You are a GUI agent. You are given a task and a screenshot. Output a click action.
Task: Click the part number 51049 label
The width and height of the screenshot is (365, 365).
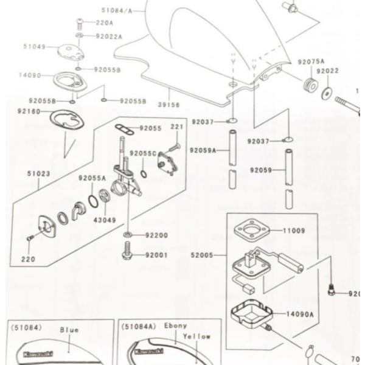click(34, 46)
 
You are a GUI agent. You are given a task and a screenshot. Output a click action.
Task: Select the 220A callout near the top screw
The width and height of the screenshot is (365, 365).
click(105, 23)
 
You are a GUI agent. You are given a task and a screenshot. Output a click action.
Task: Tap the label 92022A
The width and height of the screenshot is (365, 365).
click(109, 36)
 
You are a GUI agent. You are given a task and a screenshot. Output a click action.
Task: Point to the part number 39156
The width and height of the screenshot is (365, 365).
click(169, 105)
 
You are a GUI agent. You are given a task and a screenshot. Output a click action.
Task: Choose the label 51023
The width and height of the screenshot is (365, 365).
click(38, 173)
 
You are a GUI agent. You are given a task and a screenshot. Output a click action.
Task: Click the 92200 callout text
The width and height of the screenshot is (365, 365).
click(156, 235)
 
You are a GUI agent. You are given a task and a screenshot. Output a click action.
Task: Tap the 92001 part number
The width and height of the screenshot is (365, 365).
click(156, 255)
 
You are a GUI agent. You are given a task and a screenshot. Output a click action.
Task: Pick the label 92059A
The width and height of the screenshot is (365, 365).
click(203, 150)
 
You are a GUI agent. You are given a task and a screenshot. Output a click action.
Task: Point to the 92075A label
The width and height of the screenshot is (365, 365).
click(311, 62)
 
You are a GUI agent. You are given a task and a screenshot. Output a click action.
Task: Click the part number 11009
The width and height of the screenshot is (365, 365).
click(294, 231)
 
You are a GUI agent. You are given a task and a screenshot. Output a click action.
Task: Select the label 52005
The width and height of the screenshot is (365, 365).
click(201, 255)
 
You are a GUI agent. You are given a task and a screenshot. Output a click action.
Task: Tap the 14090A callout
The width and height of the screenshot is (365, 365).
click(300, 315)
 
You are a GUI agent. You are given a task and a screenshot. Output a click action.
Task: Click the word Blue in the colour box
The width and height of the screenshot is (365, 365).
click(69, 330)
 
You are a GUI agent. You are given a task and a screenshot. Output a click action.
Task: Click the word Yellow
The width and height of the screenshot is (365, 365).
click(197, 336)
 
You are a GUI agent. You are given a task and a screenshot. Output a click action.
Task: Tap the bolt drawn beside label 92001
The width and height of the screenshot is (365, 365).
click(128, 251)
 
